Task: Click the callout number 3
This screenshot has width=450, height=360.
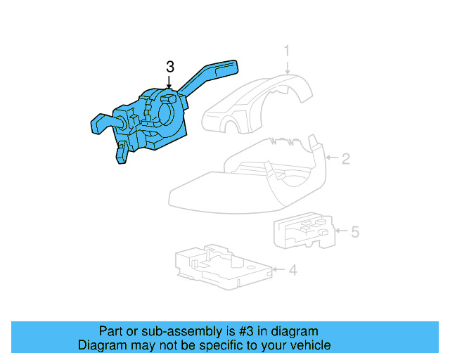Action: [x=169, y=67]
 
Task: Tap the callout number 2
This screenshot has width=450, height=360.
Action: [x=345, y=159]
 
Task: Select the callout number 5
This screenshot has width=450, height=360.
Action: [x=355, y=231]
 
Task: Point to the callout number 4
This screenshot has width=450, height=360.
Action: [x=292, y=269]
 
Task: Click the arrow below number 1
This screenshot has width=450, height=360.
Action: [x=288, y=66]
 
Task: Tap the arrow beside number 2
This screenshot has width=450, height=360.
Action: [x=332, y=159]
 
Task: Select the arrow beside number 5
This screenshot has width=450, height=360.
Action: [x=342, y=231]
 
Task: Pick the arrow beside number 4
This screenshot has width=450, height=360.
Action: [x=279, y=269]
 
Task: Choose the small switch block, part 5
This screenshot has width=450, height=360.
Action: [x=302, y=231]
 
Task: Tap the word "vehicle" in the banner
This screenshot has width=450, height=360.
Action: [x=307, y=345]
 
